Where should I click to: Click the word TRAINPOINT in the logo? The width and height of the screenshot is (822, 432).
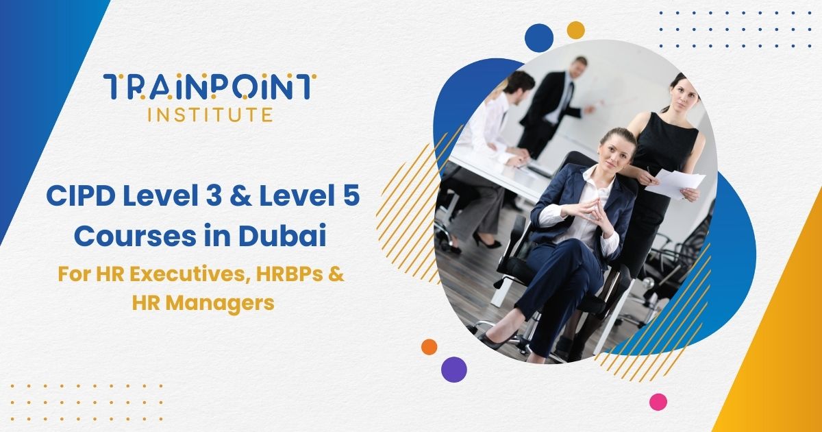coord(209,86)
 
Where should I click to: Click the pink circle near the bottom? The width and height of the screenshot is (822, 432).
coord(658,402)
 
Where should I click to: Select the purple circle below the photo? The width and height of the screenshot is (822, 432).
coord(453,369)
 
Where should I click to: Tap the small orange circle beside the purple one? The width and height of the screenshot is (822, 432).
coord(429,347)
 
